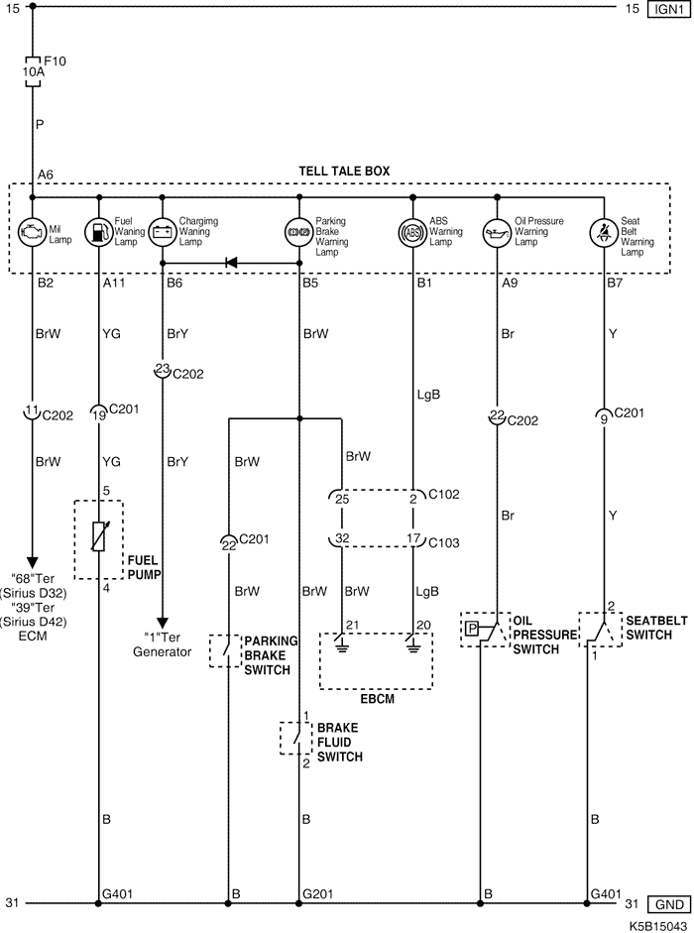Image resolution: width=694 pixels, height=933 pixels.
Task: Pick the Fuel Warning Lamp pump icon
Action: pyautogui.click(x=99, y=234)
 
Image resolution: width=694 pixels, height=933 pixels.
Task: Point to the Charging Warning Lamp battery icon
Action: pyautogui.click(x=162, y=234)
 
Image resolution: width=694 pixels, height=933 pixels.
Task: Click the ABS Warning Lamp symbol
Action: pyautogui.click(x=412, y=234)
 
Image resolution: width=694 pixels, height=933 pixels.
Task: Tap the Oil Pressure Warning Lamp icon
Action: pyautogui.click(x=495, y=234)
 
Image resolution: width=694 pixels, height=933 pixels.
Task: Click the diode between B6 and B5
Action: pyautogui.click(x=231, y=263)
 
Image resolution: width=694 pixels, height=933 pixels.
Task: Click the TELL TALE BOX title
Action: pyautogui.click(x=344, y=171)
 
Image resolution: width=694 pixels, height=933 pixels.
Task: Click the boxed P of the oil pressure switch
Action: pyautogui.click(x=472, y=629)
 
